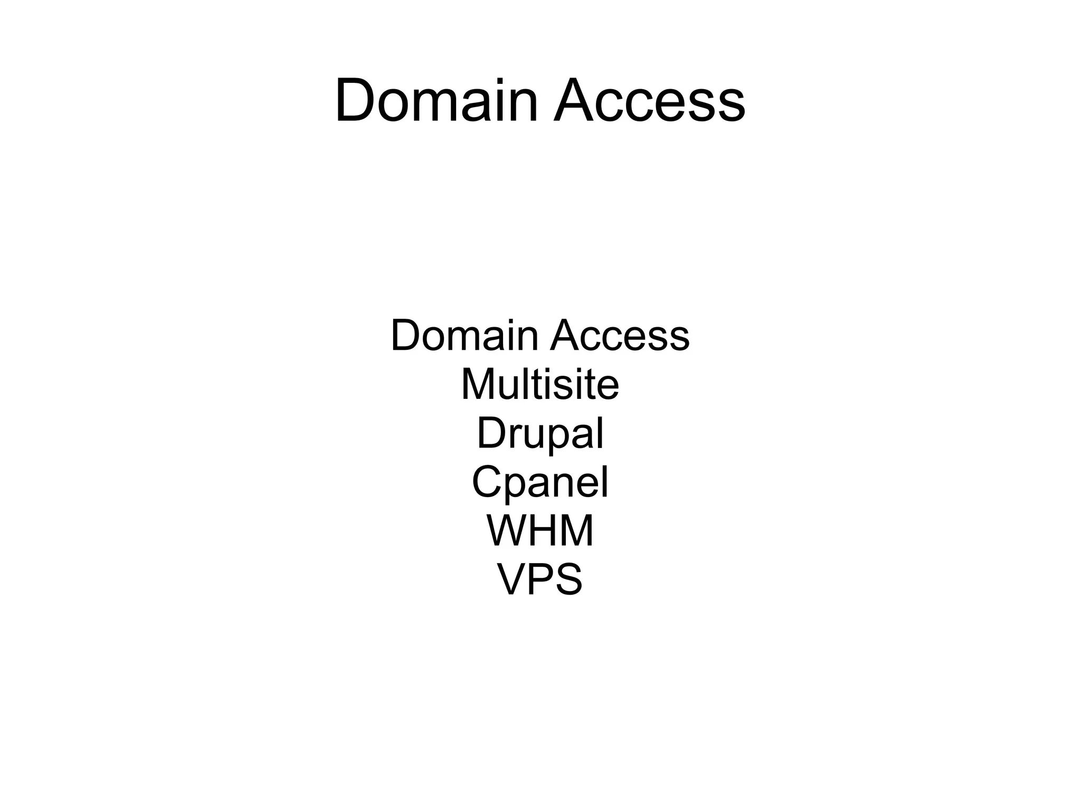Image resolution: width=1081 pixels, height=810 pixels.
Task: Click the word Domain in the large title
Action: (x=436, y=100)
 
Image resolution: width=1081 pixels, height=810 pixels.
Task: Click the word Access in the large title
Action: (x=649, y=100)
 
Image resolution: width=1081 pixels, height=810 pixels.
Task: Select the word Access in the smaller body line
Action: (x=620, y=336)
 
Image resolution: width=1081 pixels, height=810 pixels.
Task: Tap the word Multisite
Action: (x=540, y=385)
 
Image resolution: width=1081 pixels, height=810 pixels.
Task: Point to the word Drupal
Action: (x=540, y=434)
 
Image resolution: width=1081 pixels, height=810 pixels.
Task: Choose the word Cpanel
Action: (x=540, y=482)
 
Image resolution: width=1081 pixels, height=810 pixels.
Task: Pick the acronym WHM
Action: (x=540, y=531)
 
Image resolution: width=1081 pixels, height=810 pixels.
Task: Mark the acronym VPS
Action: (x=540, y=579)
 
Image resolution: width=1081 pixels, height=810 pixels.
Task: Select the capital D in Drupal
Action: (x=491, y=433)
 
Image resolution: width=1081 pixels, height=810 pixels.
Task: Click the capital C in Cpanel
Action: (x=488, y=482)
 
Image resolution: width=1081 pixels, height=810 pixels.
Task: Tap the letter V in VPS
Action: (x=513, y=579)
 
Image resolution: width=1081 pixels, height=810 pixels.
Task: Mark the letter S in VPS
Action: (x=567, y=579)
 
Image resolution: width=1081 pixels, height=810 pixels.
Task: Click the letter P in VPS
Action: (x=540, y=579)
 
